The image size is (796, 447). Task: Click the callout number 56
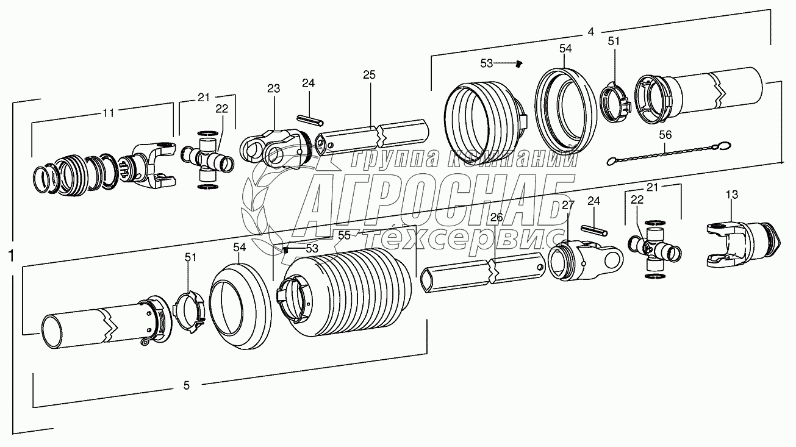click(665, 135)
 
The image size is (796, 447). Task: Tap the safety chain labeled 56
click(669, 153)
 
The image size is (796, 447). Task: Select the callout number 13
click(732, 195)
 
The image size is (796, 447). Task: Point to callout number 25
click(369, 75)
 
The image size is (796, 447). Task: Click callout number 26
click(497, 217)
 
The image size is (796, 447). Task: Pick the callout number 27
click(568, 205)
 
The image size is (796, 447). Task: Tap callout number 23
click(274, 88)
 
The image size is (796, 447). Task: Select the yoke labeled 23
click(276, 149)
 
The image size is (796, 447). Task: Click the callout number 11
click(109, 113)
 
